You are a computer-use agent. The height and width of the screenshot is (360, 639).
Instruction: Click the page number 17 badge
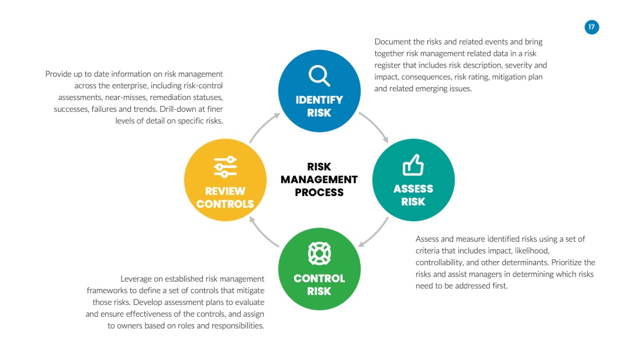pos(591,27)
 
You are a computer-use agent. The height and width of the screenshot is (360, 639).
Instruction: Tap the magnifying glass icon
pos(319,76)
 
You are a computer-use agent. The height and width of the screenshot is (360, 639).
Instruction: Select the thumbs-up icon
pos(413,165)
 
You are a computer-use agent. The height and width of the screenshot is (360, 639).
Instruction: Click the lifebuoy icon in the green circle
pos(319,253)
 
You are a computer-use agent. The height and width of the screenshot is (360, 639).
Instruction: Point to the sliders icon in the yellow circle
pos(225,167)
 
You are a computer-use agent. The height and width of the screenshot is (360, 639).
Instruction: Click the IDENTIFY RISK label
pos(319,106)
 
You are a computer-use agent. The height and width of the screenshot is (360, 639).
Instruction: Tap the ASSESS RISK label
pos(413,195)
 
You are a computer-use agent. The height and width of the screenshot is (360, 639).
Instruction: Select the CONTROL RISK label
pos(319,285)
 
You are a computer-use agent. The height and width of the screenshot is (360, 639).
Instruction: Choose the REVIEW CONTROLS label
pos(225,197)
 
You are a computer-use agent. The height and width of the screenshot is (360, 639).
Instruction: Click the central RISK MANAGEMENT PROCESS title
pos(319,179)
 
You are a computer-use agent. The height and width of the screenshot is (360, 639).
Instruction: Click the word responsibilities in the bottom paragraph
pos(237,326)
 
